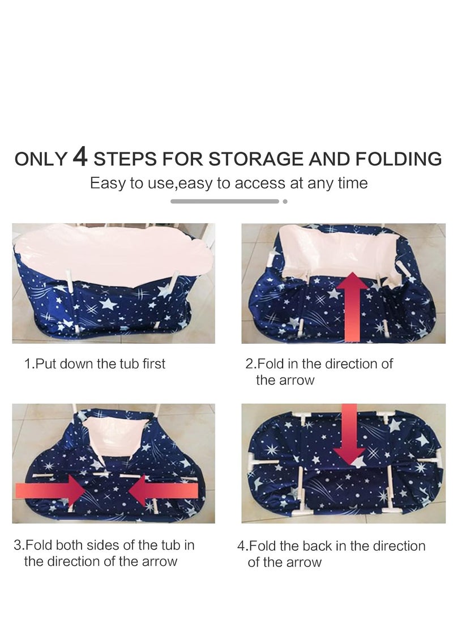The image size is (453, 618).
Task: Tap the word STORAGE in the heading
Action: [x=257, y=159]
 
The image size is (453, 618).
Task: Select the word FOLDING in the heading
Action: [x=398, y=159]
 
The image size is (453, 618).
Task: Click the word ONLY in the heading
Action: [x=41, y=159]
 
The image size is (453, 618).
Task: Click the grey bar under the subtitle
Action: [x=225, y=202]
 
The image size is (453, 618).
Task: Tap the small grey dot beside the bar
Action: [x=285, y=202]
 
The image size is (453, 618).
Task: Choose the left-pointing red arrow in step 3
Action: [x=163, y=491]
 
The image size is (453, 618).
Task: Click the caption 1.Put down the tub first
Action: [x=95, y=364]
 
